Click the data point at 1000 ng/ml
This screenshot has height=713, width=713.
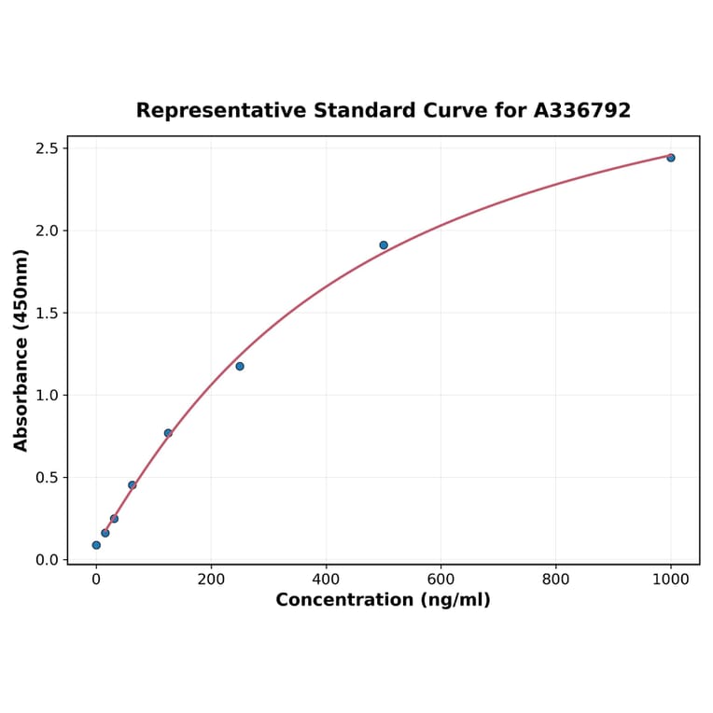coord(670,158)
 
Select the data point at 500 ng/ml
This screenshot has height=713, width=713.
coord(384,245)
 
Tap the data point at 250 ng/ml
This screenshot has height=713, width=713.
coord(240,366)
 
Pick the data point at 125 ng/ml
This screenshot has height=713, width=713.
coord(168,433)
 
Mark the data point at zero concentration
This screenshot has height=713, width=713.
coord(96,545)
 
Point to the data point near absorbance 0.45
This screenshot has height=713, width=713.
coord(133,485)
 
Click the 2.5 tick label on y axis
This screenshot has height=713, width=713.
coord(46,148)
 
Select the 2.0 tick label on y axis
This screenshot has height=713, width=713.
coord(46,231)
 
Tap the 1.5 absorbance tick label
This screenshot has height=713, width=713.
coord(46,313)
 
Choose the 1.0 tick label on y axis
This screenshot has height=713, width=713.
coord(46,395)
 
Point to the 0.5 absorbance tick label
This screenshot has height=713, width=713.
coord(46,477)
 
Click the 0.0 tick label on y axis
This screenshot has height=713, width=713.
coord(46,560)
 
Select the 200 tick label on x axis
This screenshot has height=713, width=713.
coord(211,580)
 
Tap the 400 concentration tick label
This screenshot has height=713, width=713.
coord(326,580)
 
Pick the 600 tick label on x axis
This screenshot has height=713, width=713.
coord(440,580)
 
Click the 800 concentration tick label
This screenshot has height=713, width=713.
coord(556,580)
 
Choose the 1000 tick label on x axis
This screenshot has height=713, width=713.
coord(670,580)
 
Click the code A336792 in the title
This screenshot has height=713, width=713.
coord(582,110)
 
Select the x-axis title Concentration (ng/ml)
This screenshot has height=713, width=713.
coord(383,600)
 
